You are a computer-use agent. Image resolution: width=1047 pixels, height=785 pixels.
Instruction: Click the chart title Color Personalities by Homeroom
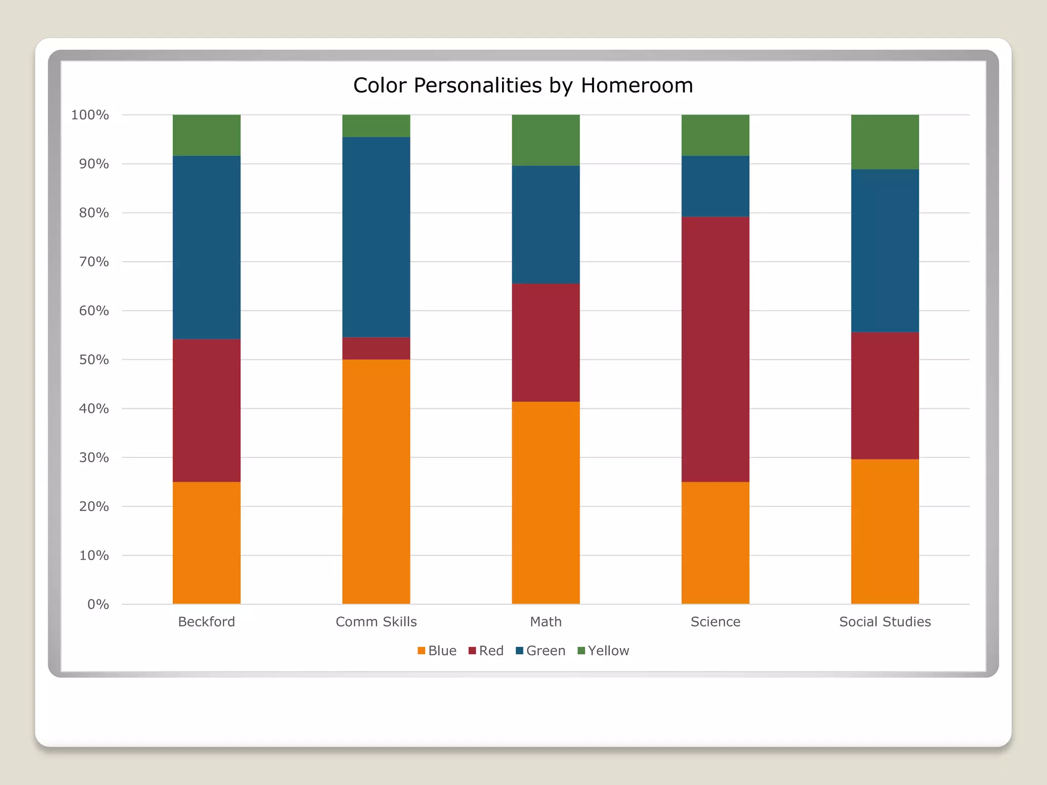pyautogui.click(x=523, y=85)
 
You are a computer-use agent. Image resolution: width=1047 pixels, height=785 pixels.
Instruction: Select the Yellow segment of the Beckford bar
pyautogui.click(x=207, y=135)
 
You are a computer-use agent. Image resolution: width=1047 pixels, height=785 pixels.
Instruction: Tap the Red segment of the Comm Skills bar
pyautogui.click(x=376, y=348)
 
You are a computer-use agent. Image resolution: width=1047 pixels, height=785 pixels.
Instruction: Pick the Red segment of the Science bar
pyautogui.click(x=715, y=349)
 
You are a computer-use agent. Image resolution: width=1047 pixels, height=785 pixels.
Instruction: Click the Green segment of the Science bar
pyautogui.click(x=715, y=186)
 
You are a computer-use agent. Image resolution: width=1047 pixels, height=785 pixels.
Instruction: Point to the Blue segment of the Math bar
pyautogui.click(x=545, y=502)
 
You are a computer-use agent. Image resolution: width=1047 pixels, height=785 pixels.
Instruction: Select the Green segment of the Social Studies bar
pyautogui.click(x=885, y=250)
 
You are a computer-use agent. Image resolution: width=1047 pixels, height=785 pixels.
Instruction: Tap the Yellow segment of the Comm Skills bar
pyautogui.click(x=376, y=126)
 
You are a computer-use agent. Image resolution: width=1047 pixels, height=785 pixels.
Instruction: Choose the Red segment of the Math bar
pyautogui.click(x=545, y=342)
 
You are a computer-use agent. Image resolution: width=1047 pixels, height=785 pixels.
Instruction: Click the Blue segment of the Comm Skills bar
pyautogui.click(x=376, y=481)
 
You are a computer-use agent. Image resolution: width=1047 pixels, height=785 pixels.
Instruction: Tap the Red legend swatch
pyautogui.click(x=472, y=651)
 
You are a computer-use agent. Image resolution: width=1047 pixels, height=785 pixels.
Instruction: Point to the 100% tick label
pyautogui.click(x=90, y=115)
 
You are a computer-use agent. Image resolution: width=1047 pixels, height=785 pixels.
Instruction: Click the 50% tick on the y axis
pyautogui.click(x=94, y=360)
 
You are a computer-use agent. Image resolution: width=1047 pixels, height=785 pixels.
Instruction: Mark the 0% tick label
pyautogui.click(x=98, y=605)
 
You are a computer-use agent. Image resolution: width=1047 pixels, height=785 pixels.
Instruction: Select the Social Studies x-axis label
pyautogui.click(x=885, y=622)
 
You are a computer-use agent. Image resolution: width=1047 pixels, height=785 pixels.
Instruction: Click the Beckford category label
pyautogui.click(x=207, y=622)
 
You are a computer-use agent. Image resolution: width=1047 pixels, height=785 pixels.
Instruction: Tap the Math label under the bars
pyautogui.click(x=545, y=622)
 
